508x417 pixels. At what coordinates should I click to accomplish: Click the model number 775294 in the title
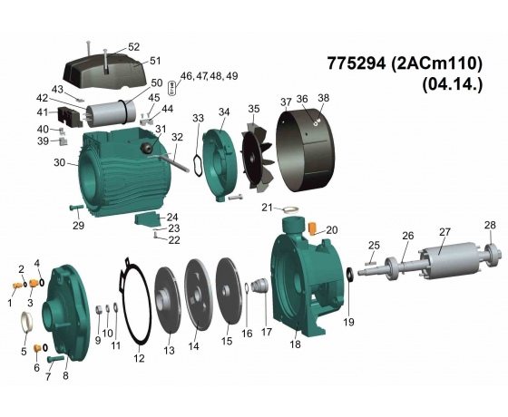coord(357,63)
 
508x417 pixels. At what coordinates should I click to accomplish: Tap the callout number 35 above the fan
coord(254,109)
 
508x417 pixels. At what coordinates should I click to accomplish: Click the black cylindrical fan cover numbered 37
coord(306,150)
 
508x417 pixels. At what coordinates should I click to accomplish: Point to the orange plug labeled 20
coord(312,228)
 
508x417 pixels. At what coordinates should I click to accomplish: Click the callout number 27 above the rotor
coord(444,232)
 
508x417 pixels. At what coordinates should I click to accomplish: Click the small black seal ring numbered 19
coord(350,274)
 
